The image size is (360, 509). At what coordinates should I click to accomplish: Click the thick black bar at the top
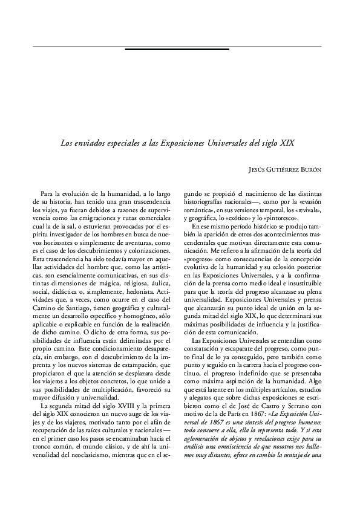click(x=177, y=48)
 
